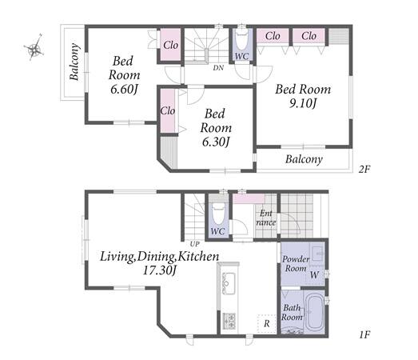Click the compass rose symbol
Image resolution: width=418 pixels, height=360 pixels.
coord(34,48)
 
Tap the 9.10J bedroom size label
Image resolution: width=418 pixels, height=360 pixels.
coord(303,103)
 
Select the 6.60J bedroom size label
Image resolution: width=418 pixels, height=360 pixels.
coord(124,89)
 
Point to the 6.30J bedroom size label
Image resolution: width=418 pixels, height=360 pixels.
coord(216,142)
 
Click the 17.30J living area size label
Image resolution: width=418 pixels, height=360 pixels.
coord(159,270)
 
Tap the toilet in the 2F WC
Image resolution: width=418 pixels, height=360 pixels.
coord(242,40)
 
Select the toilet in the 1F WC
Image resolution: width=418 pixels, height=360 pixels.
coord(218,214)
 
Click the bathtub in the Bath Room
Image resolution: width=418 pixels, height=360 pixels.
coord(316,313)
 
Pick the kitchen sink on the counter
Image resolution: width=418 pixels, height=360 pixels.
coord(229,283)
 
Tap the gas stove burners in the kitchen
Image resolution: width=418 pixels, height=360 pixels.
coord(229,321)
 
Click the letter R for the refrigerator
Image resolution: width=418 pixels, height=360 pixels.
coord(267,324)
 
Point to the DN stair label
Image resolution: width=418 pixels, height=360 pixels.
coord(218,68)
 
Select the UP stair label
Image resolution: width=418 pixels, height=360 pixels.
coord(194,244)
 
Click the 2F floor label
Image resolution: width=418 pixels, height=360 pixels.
coord(364,169)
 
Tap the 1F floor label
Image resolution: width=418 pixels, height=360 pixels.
coord(364,334)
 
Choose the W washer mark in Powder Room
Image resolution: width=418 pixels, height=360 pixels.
coord(315,274)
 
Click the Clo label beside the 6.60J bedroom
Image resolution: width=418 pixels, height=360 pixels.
coord(170,45)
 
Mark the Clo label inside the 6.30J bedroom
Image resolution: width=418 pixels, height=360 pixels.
coord(168,110)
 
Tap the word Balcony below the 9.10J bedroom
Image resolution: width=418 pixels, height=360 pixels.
coord(304,159)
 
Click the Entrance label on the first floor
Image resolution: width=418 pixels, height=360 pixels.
coord(266,218)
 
